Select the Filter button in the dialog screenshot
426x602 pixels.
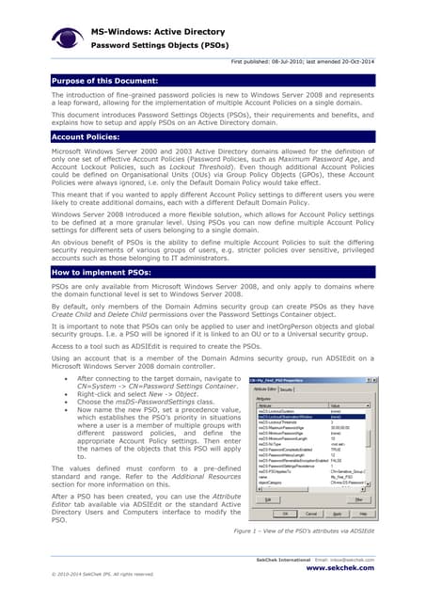[359, 500]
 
